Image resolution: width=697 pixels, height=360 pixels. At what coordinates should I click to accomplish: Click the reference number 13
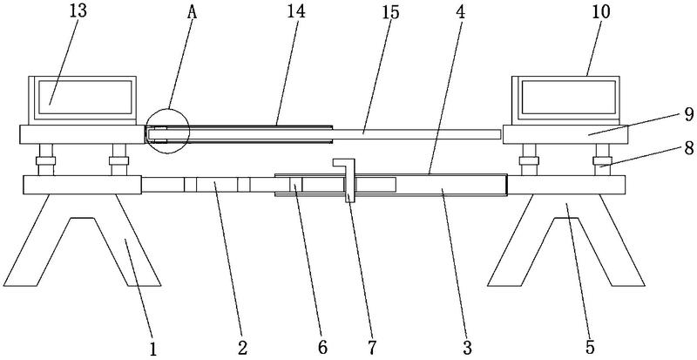click(x=78, y=12)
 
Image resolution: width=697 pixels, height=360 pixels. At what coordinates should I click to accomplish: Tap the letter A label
click(x=192, y=12)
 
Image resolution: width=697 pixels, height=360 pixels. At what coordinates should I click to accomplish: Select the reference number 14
click(x=297, y=12)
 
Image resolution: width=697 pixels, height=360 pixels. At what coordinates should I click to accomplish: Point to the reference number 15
click(x=390, y=12)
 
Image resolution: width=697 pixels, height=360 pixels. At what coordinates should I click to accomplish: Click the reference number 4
click(x=461, y=12)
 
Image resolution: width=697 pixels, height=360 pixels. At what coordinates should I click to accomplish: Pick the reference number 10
click(x=601, y=12)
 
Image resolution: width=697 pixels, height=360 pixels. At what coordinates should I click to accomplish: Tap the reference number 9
click(x=688, y=115)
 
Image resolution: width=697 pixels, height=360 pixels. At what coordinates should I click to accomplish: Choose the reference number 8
click(x=688, y=149)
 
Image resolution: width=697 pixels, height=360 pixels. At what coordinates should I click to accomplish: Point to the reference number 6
click(x=322, y=346)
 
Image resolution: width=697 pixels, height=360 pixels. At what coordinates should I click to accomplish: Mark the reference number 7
click(x=372, y=346)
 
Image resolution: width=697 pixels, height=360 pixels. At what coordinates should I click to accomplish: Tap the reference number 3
click(x=467, y=347)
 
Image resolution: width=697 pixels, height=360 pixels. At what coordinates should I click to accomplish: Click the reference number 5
click(x=591, y=347)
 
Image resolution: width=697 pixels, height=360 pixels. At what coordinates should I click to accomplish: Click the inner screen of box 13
click(x=85, y=97)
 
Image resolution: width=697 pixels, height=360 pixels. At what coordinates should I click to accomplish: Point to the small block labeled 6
click(x=296, y=184)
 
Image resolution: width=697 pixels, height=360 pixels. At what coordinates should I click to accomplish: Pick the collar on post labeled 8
click(x=603, y=160)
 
